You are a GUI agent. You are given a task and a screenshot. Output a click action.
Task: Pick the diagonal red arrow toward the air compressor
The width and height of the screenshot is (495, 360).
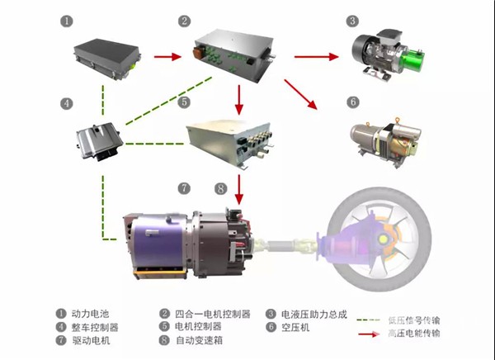click(x=300, y=93)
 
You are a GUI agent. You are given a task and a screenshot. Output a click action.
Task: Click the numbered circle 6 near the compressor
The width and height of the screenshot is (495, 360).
click(x=352, y=102)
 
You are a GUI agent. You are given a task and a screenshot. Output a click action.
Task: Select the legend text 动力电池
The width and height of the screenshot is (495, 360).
click(x=90, y=314)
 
